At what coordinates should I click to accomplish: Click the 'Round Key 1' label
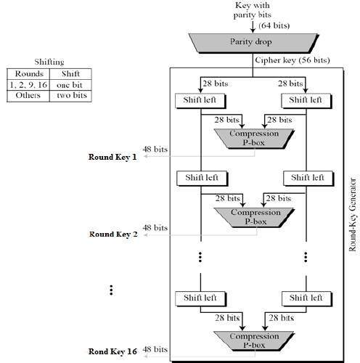[112, 158]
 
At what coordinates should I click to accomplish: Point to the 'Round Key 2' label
[112, 234]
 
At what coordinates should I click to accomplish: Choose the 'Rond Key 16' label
[112, 351]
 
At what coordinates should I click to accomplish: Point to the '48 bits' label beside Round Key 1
[156, 149]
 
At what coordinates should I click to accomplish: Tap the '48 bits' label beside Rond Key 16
[156, 350]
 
